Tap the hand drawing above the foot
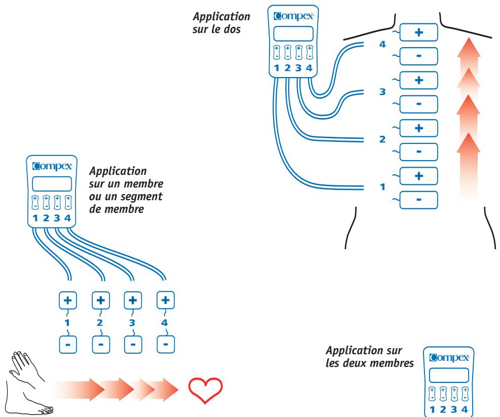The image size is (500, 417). pyautogui.click(x=24, y=367)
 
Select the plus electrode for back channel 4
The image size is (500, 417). pyautogui.click(x=418, y=32)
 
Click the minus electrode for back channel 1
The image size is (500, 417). pyautogui.click(x=418, y=200)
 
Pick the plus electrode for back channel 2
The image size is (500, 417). pyautogui.click(x=418, y=128)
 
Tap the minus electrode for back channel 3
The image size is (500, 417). pyautogui.click(x=418, y=104)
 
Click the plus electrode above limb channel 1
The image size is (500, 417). pyautogui.click(x=68, y=300)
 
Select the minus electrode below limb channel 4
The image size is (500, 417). pyautogui.click(x=166, y=344)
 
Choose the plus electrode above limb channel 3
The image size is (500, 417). pyautogui.click(x=133, y=300)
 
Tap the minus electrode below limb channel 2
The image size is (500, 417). pyautogui.click(x=101, y=344)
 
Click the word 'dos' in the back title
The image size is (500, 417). pyautogui.click(x=232, y=29)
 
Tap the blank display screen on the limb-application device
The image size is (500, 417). pyautogui.click(x=52, y=184)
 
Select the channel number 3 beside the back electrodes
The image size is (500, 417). pyautogui.click(x=382, y=92)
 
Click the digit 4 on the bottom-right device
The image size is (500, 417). pyautogui.click(x=465, y=409)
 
